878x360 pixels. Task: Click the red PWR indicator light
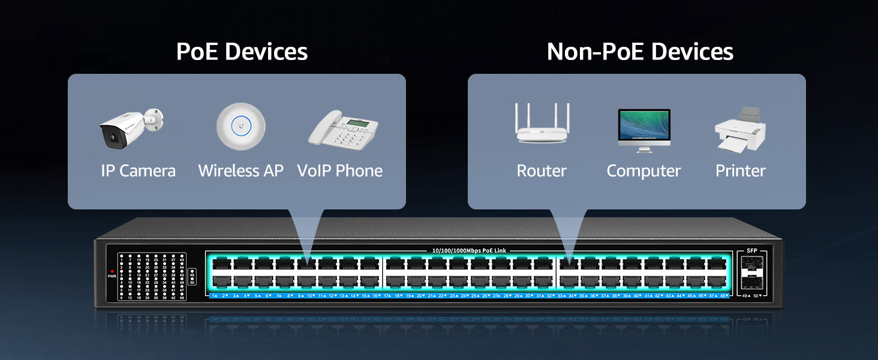[112, 271]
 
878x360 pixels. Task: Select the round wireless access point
[240, 127]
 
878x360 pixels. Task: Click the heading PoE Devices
[242, 52]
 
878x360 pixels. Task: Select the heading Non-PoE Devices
[640, 52]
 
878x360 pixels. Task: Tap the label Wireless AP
[240, 171]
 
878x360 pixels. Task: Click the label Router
[542, 171]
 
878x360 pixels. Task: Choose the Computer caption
[644, 171]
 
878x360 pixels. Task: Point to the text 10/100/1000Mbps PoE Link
[469, 250]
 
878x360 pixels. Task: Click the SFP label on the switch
[752, 250]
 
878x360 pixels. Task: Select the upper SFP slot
[752, 264]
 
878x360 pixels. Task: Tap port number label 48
[723, 296]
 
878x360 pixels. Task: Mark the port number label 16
[375, 296]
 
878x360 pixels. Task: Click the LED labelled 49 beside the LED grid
[192, 272]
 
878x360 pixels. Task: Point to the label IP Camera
[139, 171]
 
